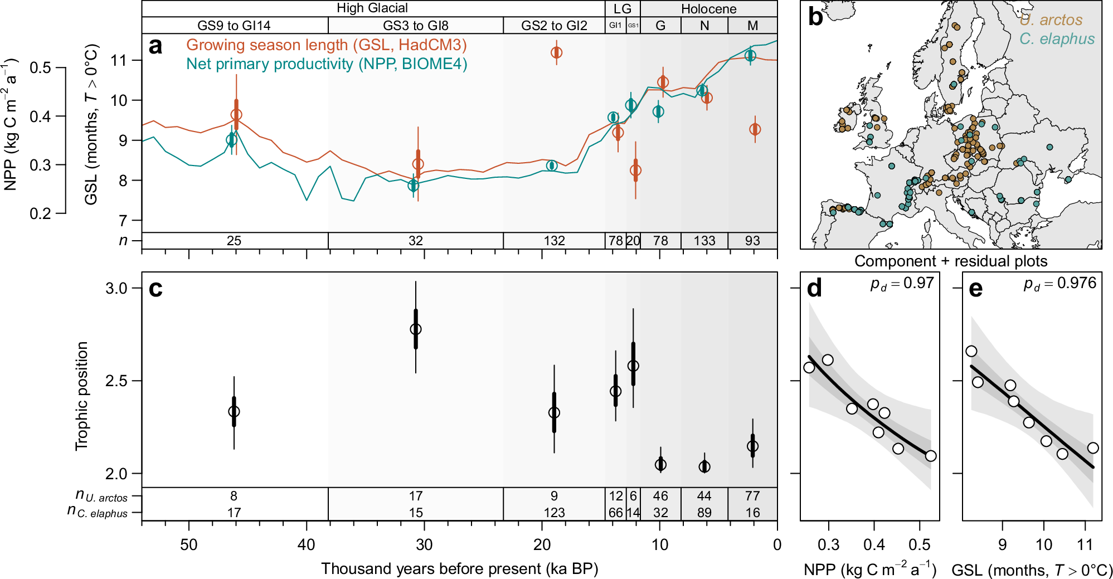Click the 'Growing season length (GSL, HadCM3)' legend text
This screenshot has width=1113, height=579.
(x=326, y=45)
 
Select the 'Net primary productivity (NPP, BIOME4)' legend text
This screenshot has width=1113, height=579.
(x=326, y=64)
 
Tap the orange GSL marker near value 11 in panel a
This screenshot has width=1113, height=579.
(x=556, y=52)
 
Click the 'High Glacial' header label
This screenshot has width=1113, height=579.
(x=372, y=8)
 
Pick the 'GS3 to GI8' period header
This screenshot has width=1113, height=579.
(x=415, y=26)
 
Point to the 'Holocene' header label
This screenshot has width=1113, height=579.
(x=708, y=9)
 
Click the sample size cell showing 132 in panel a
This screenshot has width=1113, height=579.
(x=554, y=241)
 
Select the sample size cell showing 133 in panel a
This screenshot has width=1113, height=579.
(x=704, y=241)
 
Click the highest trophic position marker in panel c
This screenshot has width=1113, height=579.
(x=416, y=329)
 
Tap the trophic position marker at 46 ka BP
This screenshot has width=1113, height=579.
(x=234, y=411)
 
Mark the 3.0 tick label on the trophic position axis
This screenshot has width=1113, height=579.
(x=116, y=289)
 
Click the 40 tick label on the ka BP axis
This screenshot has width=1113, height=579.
(x=307, y=544)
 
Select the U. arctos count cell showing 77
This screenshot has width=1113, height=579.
(x=752, y=496)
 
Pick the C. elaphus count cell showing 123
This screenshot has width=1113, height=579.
(x=554, y=513)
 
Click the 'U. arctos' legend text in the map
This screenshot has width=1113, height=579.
(x=1051, y=20)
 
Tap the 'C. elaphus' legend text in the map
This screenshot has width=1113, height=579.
(x=1057, y=39)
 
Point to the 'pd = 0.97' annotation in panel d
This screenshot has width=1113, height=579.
(x=902, y=284)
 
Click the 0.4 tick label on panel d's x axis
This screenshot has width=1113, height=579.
(x=874, y=544)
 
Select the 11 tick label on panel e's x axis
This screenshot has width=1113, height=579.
(x=1085, y=544)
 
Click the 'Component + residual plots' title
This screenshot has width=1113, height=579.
(x=951, y=261)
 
